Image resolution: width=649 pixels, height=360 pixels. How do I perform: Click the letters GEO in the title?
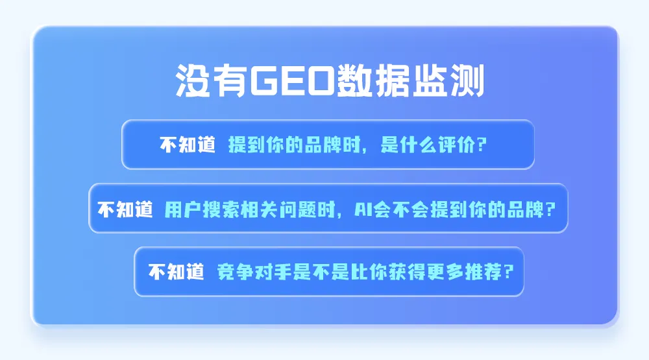point(291,80)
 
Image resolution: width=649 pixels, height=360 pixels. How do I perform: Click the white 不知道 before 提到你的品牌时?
point(188,145)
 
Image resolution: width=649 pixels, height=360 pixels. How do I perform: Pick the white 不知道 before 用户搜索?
point(125,209)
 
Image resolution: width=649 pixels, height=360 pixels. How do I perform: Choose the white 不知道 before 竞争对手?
point(177,272)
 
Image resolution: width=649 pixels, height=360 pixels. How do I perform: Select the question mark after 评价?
point(482,145)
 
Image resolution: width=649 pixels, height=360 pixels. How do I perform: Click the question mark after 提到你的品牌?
point(550,210)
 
